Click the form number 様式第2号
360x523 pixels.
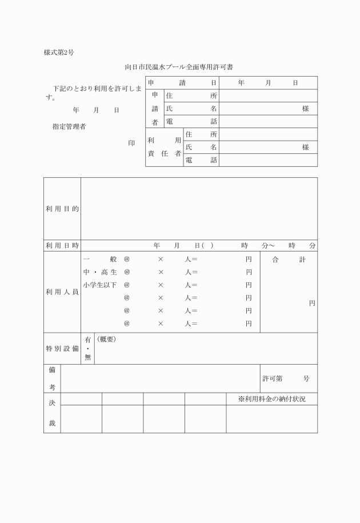pos(59,53)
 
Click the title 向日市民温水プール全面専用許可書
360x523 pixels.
pos(179,67)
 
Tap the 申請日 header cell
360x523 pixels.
pos(182,83)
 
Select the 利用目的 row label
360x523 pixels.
pos(62,209)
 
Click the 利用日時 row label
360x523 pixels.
pos(62,245)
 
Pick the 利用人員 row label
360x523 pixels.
pos(62,292)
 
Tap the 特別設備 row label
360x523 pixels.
pos(62,349)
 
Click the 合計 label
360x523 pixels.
pos(289,259)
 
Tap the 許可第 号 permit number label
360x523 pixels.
pos(286,379)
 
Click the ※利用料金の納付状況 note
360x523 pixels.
pos(271,399)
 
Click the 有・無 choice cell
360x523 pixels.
pos(87,348)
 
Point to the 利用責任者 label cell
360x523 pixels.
pos(164,147)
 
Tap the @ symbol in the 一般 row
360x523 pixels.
pos(127,259)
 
